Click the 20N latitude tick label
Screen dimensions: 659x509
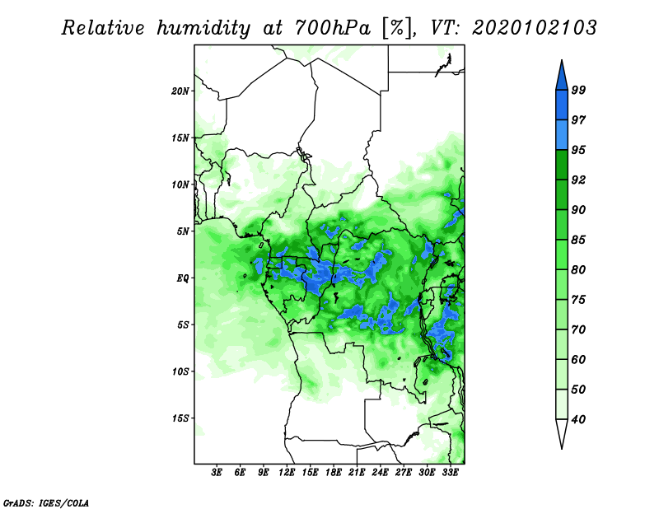point(180,91)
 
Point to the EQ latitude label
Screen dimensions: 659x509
point(183,278)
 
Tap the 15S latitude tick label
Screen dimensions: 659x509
point(180,418)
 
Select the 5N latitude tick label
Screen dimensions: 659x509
point(183,231)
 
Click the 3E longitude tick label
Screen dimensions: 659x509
point(217,473)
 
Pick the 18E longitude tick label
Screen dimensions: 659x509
point(334,473)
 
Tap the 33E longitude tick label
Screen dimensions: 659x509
point(450,473)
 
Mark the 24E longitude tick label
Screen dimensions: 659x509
point(380,473)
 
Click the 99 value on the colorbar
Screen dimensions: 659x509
point(578,90)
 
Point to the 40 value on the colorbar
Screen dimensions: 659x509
point(578,419)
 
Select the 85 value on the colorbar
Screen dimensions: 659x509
point(578,240)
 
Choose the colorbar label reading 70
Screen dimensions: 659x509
point(578,329)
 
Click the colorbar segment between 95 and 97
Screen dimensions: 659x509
point(562,135)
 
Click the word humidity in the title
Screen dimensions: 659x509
point(203,28)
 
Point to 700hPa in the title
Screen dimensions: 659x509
point(333,27)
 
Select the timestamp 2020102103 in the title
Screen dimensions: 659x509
point(534,27)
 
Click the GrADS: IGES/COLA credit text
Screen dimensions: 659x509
point(46,502)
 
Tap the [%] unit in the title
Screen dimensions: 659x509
point(398,28)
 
